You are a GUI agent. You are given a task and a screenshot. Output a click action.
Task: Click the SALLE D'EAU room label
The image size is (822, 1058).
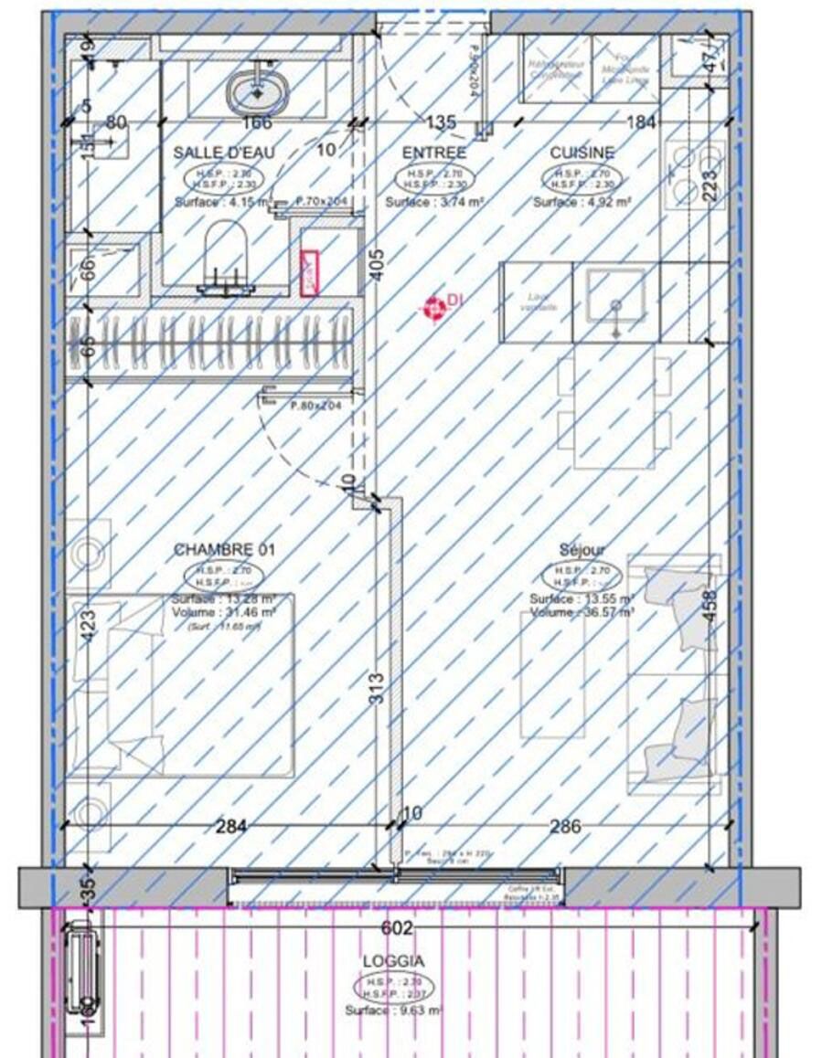click(x=223, y=153)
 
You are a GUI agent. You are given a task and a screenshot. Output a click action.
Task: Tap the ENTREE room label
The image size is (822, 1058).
click(x=434, y=153)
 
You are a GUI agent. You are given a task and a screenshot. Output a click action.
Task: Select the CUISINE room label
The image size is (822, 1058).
click(x=582, y=153)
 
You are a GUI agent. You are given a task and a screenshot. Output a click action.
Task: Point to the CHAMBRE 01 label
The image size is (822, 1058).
click(x=224, y=550)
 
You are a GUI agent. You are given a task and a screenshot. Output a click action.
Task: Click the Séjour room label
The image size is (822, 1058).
click(x=582, y=550)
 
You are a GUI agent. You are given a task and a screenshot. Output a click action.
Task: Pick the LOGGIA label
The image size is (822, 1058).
click(x=393, y=961)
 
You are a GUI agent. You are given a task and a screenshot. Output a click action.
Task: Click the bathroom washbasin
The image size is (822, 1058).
click(x=257, y=91)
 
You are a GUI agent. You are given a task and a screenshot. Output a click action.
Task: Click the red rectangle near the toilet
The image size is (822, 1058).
click(x=311, y=273)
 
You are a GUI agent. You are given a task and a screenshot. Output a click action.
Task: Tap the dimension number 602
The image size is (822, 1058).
click(x=396, y=928)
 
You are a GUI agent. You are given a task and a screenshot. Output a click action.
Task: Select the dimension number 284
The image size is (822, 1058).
click(x=230, y=827)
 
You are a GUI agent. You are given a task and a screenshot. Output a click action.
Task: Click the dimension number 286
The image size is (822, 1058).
click(x=565, y=827)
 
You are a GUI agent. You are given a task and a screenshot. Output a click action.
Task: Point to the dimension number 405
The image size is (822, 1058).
click(x=376, y=265)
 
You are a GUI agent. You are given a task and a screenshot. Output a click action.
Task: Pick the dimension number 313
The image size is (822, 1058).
click(x=376, y=688)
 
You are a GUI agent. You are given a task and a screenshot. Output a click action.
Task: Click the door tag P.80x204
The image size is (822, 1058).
click(x=315, y=406)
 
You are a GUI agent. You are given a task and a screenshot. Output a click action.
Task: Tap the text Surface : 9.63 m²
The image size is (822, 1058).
click(x=394, y=1010)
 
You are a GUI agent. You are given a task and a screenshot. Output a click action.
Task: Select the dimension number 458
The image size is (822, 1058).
click(x=710, y=606)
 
